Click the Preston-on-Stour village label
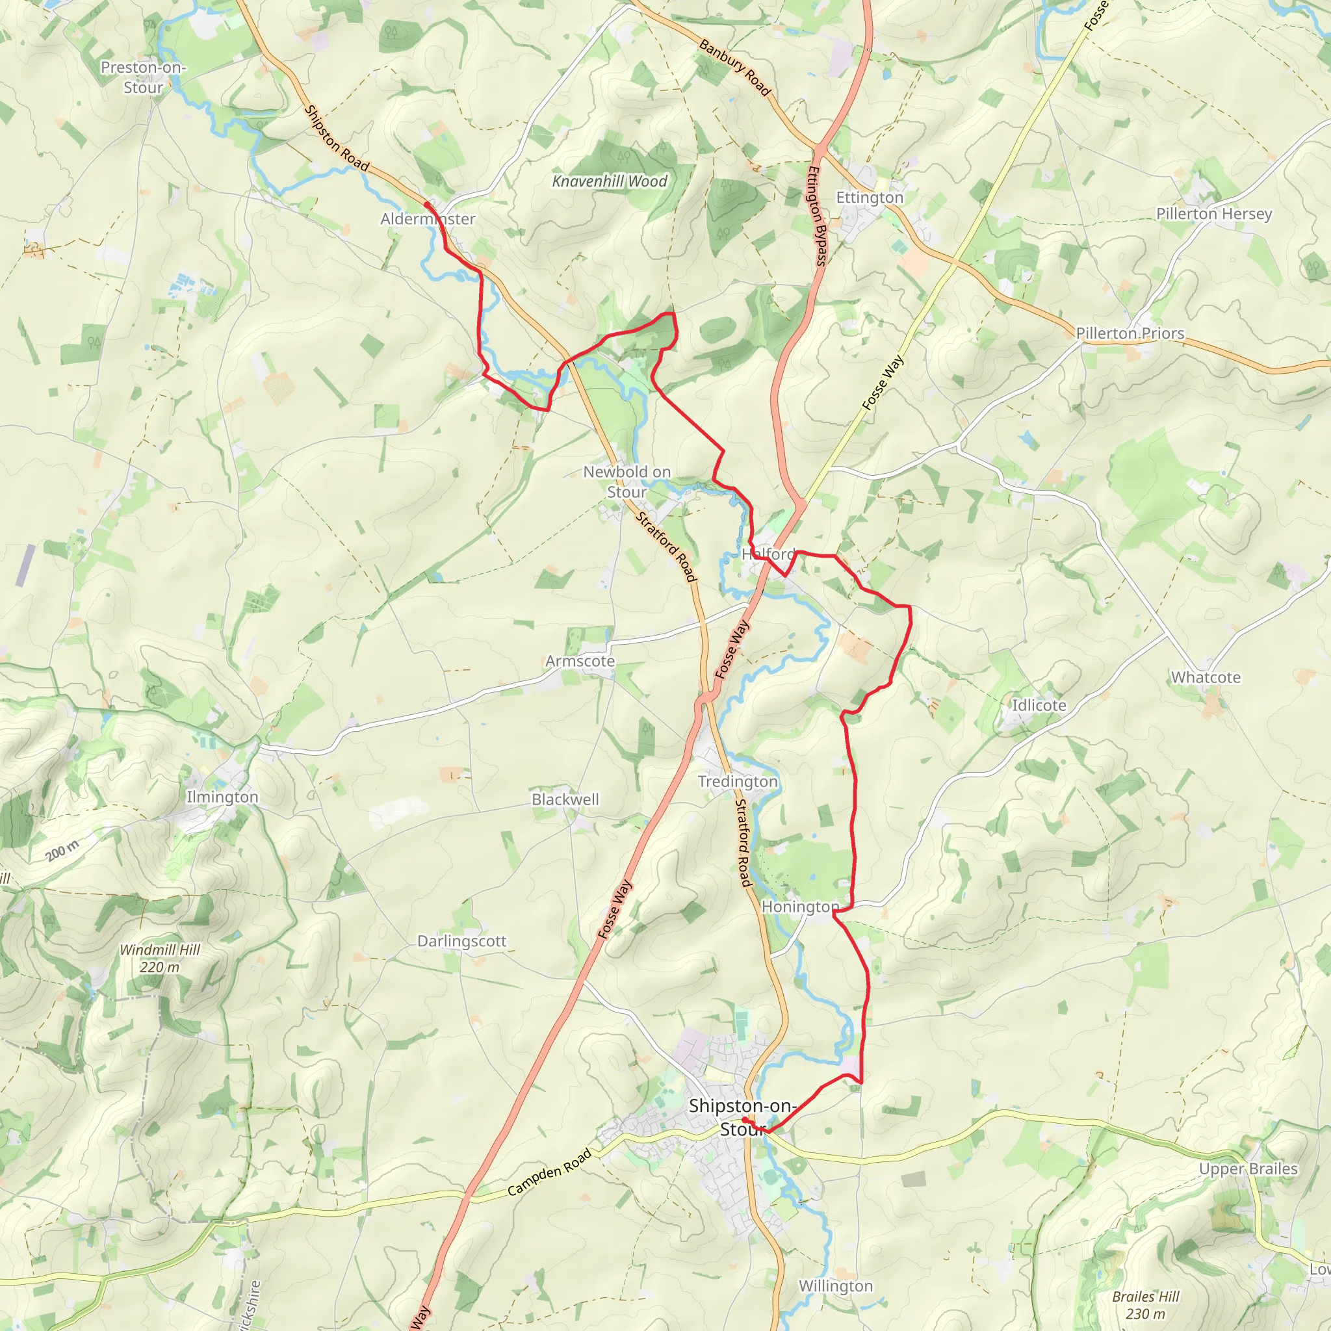pos(142,77)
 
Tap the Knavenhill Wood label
pos(610,181)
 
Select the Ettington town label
pos(870,198)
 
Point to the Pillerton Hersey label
pos(1214,214)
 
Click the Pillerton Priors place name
pos(1130,333)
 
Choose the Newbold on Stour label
pos(627,482)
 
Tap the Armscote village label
pos(580,662)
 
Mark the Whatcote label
pos(1206,678)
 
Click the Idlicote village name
pos(1039,705)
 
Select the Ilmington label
pos(222,797)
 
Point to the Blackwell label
pos(565,800)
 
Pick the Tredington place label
pos(738,782)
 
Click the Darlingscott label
pos(461,942)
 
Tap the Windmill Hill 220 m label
pos(160,959)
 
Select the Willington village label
pos(836,1286)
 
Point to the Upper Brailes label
pos(1248,1169)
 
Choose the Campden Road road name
pos(550,1172)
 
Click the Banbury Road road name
pos(734,68)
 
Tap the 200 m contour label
pos(62,852)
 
